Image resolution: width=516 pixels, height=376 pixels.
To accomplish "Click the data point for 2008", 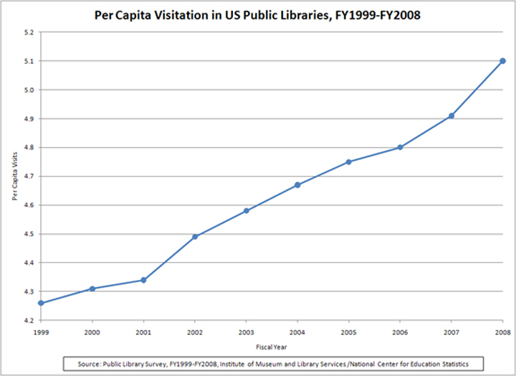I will tap(502, 61).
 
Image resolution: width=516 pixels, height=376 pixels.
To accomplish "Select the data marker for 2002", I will tap(195, 237).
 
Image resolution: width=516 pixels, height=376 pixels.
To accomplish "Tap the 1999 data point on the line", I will tap(41, 303).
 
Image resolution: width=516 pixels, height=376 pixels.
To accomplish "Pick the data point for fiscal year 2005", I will tap(349, 161).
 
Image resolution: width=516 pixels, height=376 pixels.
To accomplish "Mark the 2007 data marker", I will tap(451, 116).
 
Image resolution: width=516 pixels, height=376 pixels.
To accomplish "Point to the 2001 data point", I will tap(143, 280).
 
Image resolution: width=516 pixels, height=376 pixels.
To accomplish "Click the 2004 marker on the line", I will tap(297, 184).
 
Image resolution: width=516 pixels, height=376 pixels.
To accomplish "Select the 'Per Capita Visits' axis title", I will tap(14, 176).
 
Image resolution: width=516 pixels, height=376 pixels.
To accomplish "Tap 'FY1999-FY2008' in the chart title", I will tap(371, 15).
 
